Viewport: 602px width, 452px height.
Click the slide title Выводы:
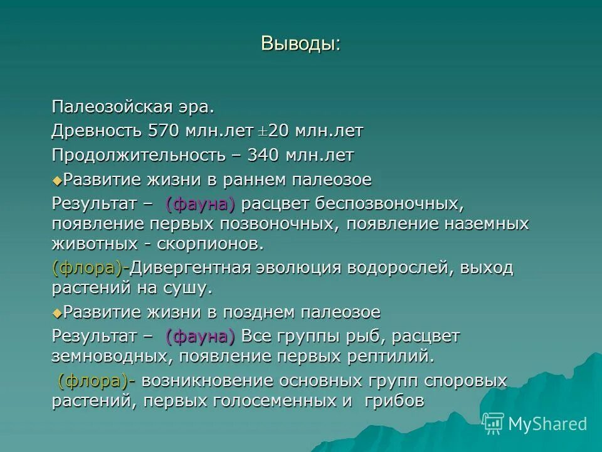coord(300,43)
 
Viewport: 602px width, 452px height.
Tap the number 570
coord(164,131)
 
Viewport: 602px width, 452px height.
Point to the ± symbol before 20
coord(264,132)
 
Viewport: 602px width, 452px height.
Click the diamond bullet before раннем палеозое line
coord(57,181)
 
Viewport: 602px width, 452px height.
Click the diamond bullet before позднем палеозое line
coord(57,313)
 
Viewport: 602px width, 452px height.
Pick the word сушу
coord(187,288)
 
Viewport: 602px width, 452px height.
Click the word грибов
coord(394,401)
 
